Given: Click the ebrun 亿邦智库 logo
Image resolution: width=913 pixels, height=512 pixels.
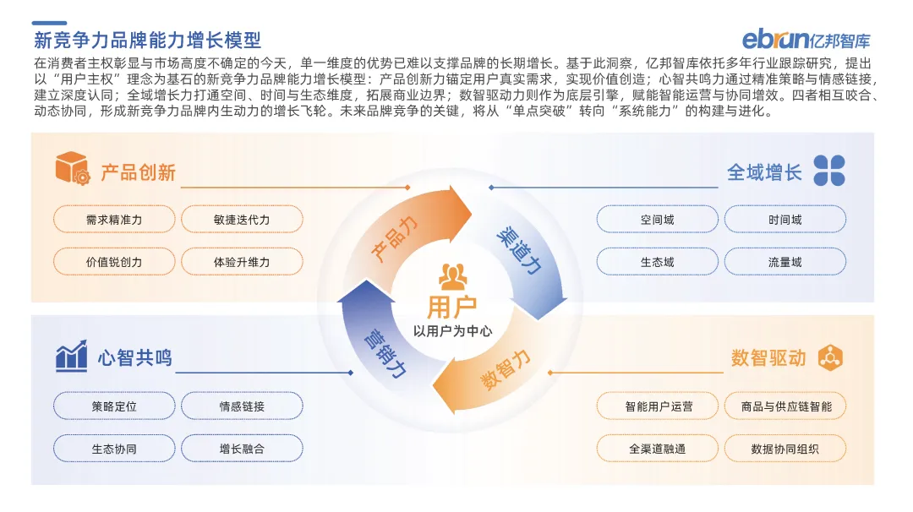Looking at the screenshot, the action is (x=806, y=40).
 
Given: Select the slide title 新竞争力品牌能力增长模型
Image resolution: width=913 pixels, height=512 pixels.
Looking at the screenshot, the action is (x=147, y=40).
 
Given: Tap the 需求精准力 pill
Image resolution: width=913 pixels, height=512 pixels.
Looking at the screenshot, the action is (x=114, y=220).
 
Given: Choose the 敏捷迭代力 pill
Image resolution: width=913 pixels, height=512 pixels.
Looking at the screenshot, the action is (x=242, y=220).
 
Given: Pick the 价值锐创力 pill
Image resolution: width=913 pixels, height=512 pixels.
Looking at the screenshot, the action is (x=114, y=262).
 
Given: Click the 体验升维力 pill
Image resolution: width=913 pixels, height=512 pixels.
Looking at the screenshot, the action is (x=242, y=262).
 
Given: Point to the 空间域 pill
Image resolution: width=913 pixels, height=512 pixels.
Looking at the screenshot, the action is (x=657, y=220).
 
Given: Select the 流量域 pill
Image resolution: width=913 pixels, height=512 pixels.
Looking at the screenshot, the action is (x=785, y=262).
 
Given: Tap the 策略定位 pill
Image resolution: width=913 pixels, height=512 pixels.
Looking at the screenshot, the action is (x=114, y=406).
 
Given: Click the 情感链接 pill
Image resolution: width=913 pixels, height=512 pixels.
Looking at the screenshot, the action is (x=242, y=406).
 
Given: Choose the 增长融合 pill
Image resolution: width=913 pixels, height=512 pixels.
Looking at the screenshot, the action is (x=242, y=449).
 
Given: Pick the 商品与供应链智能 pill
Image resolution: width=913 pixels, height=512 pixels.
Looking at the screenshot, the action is (x=785, y=406).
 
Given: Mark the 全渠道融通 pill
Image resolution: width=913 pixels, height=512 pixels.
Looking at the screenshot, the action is (x=657, y=449).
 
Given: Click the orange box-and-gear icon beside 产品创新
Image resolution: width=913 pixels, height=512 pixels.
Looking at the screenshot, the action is (x=73, y=169).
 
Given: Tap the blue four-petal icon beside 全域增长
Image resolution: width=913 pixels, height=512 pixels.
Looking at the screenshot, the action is (x=828, y=171).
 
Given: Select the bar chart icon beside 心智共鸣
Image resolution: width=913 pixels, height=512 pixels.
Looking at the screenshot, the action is (x=72, y=357).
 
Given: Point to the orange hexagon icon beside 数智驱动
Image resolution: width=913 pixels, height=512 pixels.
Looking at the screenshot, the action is (x=830, y=357).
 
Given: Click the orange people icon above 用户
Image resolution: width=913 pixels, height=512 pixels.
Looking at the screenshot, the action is (x=453, y=276).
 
